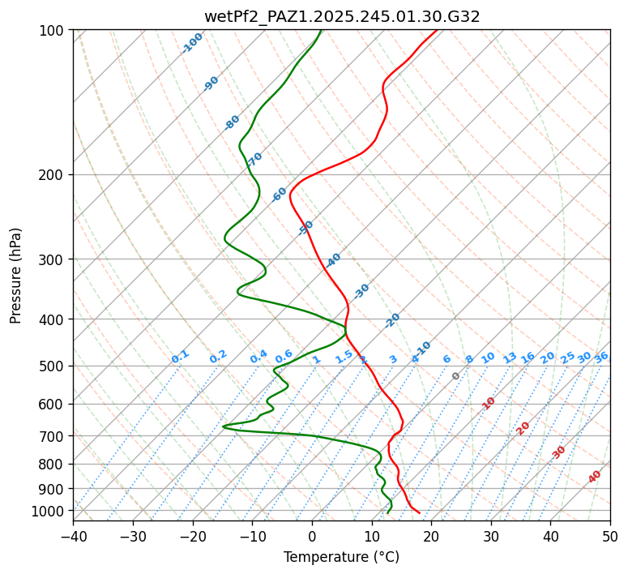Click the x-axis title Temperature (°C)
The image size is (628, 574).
click(x=341, y=557)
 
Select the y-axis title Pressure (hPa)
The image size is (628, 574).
click(x=16, y=275)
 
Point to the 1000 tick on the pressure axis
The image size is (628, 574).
click(x=53, y=511)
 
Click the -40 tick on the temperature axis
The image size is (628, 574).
click(x=73, y=536)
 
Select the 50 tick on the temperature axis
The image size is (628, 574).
click(x=610, y=536)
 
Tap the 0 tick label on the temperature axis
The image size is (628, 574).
click(x=312, y=536)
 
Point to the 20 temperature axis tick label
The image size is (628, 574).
click(x=431, y=536)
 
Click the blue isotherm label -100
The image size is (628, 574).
click(x=193, y=42)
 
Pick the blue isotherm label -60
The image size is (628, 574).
click(x=280, y=195)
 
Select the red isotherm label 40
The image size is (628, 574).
click(x=595, y=477)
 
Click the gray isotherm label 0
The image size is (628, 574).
click(x=456, y=376)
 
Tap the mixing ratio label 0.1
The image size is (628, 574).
click(x=180, y=356)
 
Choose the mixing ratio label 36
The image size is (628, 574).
click(x=601, y=357)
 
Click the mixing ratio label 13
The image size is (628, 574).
click(x=510, y=358)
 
